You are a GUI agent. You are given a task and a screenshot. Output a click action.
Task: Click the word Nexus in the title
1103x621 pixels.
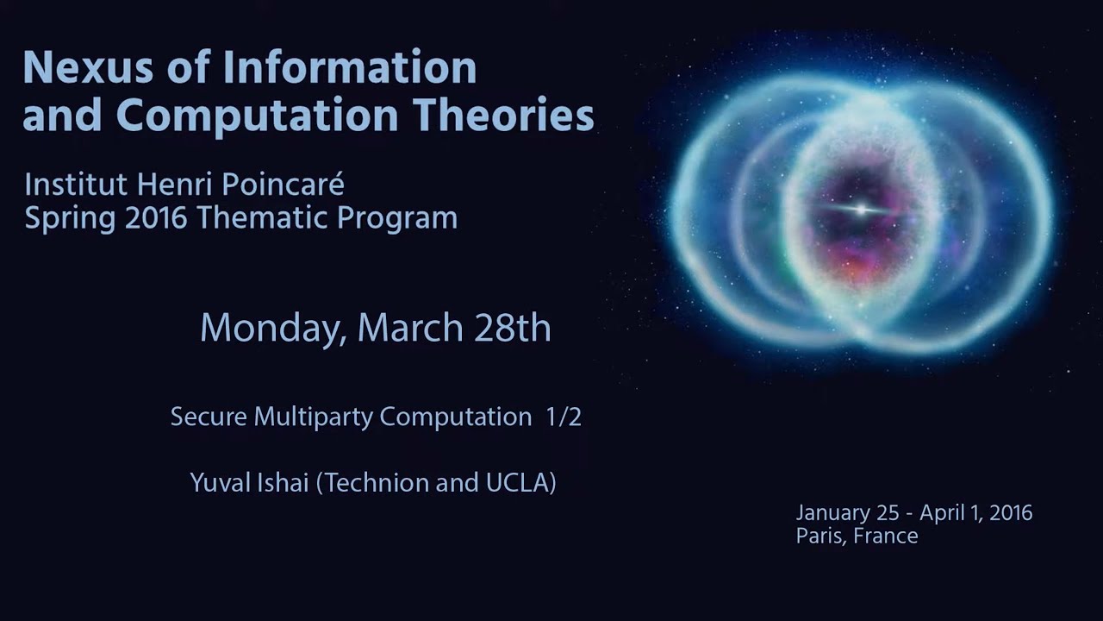pyautogui.click(x=88, y=66)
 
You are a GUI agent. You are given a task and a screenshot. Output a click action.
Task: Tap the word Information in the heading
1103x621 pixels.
pyautogui.click(x=350, y=66)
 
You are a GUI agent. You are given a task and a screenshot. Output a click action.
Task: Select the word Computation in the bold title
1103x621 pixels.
pyautogui.click(x=257, y=116)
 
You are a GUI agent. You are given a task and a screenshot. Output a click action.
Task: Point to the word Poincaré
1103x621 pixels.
pyautogui.click(x=283, y=185)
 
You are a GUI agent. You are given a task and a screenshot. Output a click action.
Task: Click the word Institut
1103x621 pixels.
pyautogui.click(x=77, y=185)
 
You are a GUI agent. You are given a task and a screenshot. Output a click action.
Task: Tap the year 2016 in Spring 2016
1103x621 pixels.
pyautogui.click(x=156, y=218)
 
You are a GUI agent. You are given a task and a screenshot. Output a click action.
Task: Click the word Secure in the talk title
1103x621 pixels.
pyautogui.click(x=209, y=417)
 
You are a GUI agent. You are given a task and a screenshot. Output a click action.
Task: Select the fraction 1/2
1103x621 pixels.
pyautogui.click(x=564, y=417)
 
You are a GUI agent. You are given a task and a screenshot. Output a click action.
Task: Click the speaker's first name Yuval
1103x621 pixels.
pyautogui.click(x=221, y=482)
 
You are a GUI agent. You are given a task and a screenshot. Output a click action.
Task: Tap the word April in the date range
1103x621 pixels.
pyautogui.click(x=942, y=513)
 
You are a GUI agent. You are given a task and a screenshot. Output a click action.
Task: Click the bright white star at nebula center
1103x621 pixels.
pyautogui.click(x=861, y=210)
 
